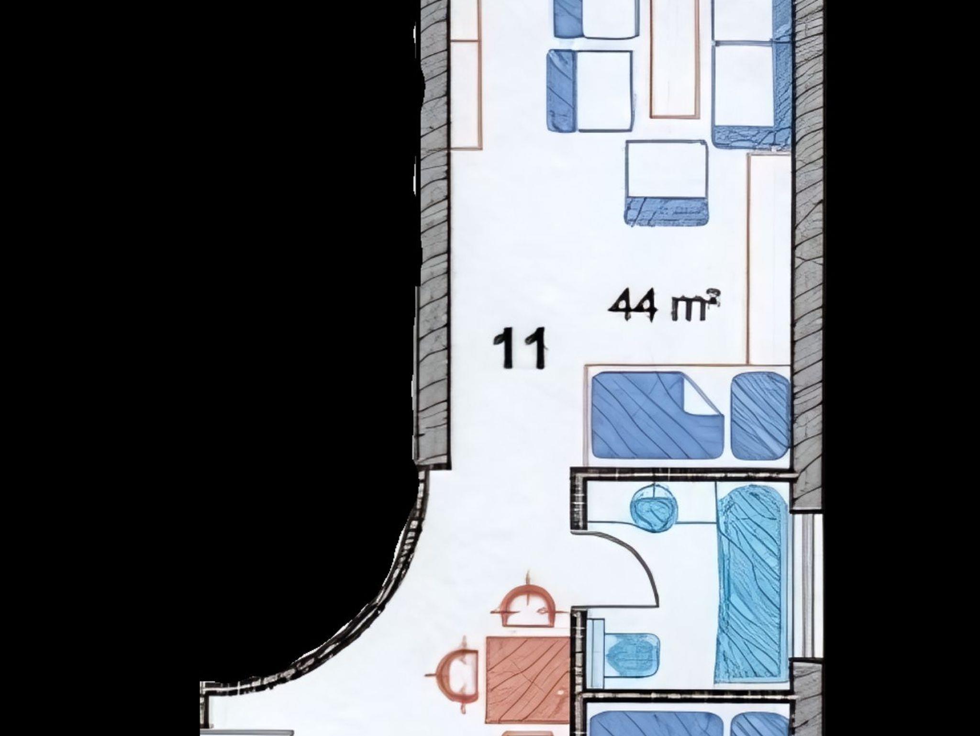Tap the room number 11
(520, 348)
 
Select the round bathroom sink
(655, 507)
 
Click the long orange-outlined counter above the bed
(769, 259)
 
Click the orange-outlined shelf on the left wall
(465, 74)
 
